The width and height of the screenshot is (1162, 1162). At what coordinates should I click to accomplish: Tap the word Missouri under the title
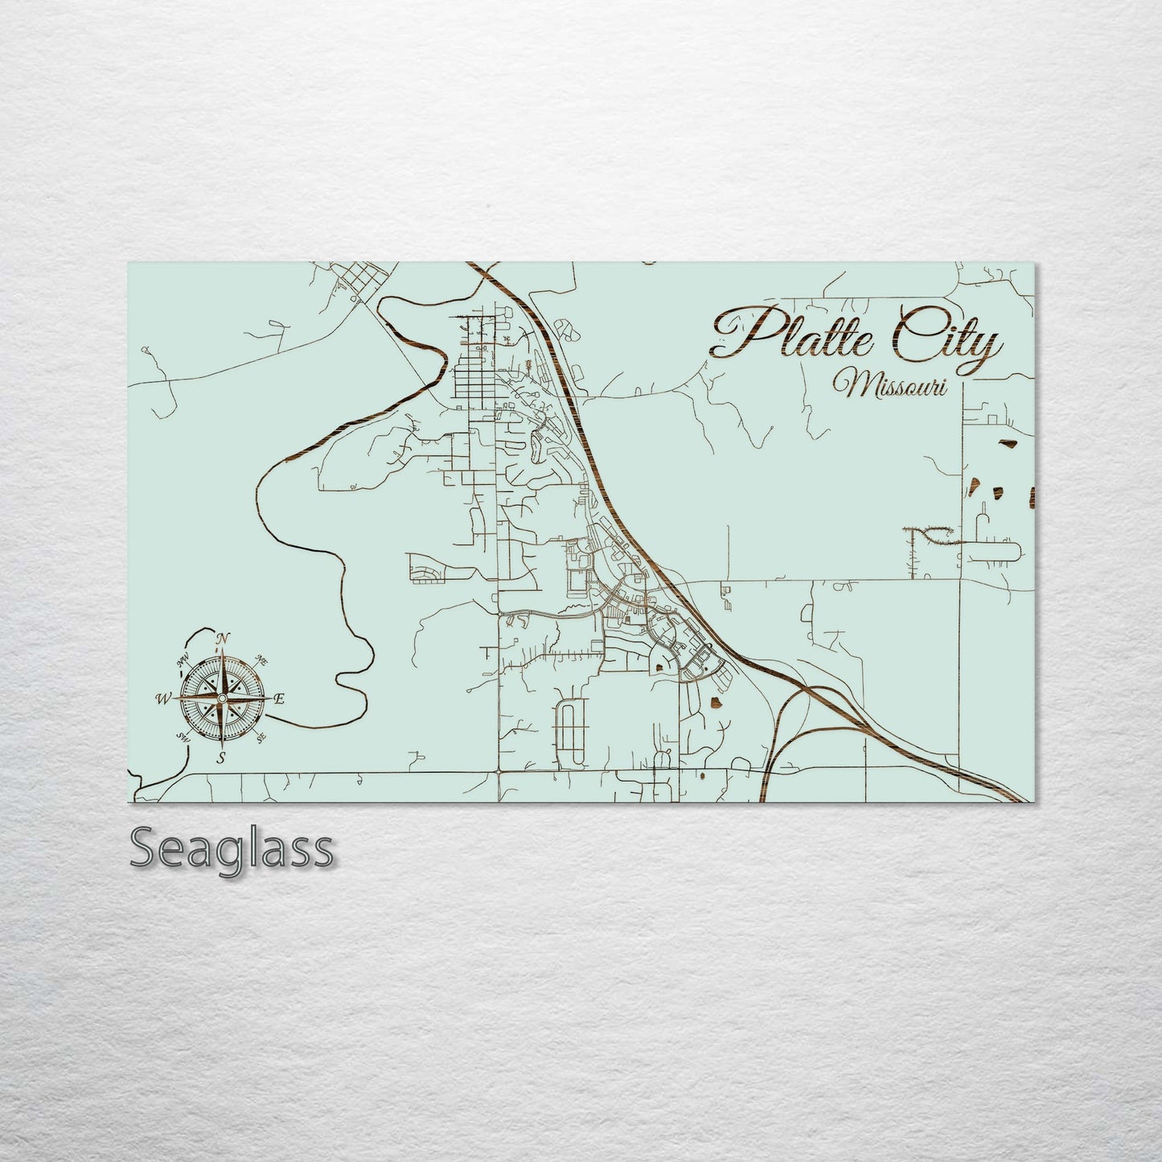[x=890, y=385]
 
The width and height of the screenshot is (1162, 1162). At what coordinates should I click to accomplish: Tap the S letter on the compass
[x=220, y=758]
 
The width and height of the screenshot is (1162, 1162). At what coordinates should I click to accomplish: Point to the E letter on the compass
[x=278, y=699]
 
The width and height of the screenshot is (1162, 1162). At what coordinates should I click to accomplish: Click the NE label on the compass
[x=261, y=659]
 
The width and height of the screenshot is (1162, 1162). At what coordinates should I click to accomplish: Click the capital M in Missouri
[x=850, y=384]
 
